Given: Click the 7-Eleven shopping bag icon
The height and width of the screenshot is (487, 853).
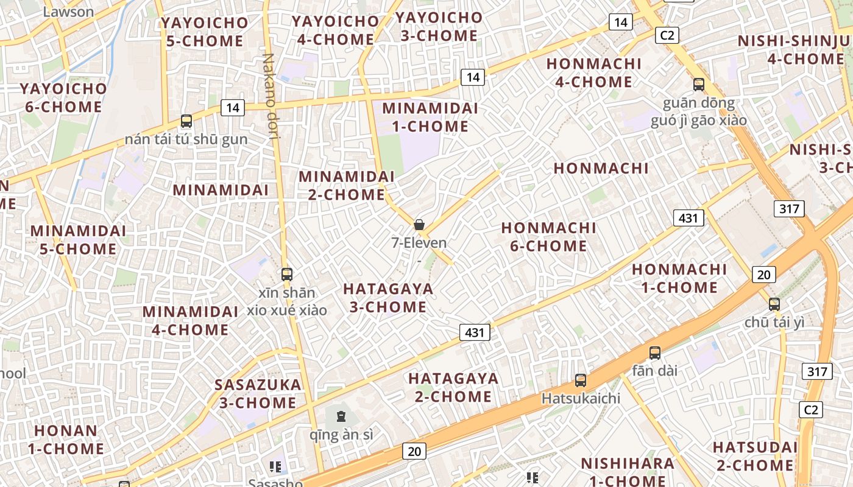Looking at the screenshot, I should coord(419,225).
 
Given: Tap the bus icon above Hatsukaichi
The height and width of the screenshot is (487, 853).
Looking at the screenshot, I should coord(581,380).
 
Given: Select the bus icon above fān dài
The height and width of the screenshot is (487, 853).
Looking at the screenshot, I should coord(655,352).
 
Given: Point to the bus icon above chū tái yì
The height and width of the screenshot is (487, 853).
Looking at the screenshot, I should coord(774,304).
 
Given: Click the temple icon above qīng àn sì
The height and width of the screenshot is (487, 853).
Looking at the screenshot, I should coord(341,417).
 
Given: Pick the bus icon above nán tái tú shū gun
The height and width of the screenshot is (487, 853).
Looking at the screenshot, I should coord(186,121).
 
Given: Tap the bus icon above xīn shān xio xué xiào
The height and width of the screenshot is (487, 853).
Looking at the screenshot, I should coord(287,275).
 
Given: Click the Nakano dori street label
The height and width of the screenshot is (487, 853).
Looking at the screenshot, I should coord(271,96).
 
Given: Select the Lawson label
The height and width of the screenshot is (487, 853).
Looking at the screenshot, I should coord(69,12).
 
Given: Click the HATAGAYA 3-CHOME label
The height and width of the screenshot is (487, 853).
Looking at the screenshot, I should coord(388,298).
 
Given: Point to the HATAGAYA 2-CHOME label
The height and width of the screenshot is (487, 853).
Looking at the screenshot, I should coord(453,387).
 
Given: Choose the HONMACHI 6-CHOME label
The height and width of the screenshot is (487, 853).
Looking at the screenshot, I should coord(548,237).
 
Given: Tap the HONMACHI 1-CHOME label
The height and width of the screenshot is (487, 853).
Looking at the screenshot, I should coord(679,278).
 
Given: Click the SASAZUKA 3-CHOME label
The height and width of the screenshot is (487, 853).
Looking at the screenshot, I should coord(258,393).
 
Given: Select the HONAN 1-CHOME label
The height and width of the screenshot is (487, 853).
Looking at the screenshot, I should coord(65,440).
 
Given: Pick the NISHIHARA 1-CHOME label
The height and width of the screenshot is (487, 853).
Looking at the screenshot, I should coord(628,471).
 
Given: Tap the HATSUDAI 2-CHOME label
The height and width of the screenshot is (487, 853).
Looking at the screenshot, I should coord(755,456).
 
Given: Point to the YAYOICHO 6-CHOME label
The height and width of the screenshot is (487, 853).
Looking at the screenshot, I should coord(63,97).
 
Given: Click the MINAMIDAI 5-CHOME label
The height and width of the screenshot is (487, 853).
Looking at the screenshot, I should coord(78,240).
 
